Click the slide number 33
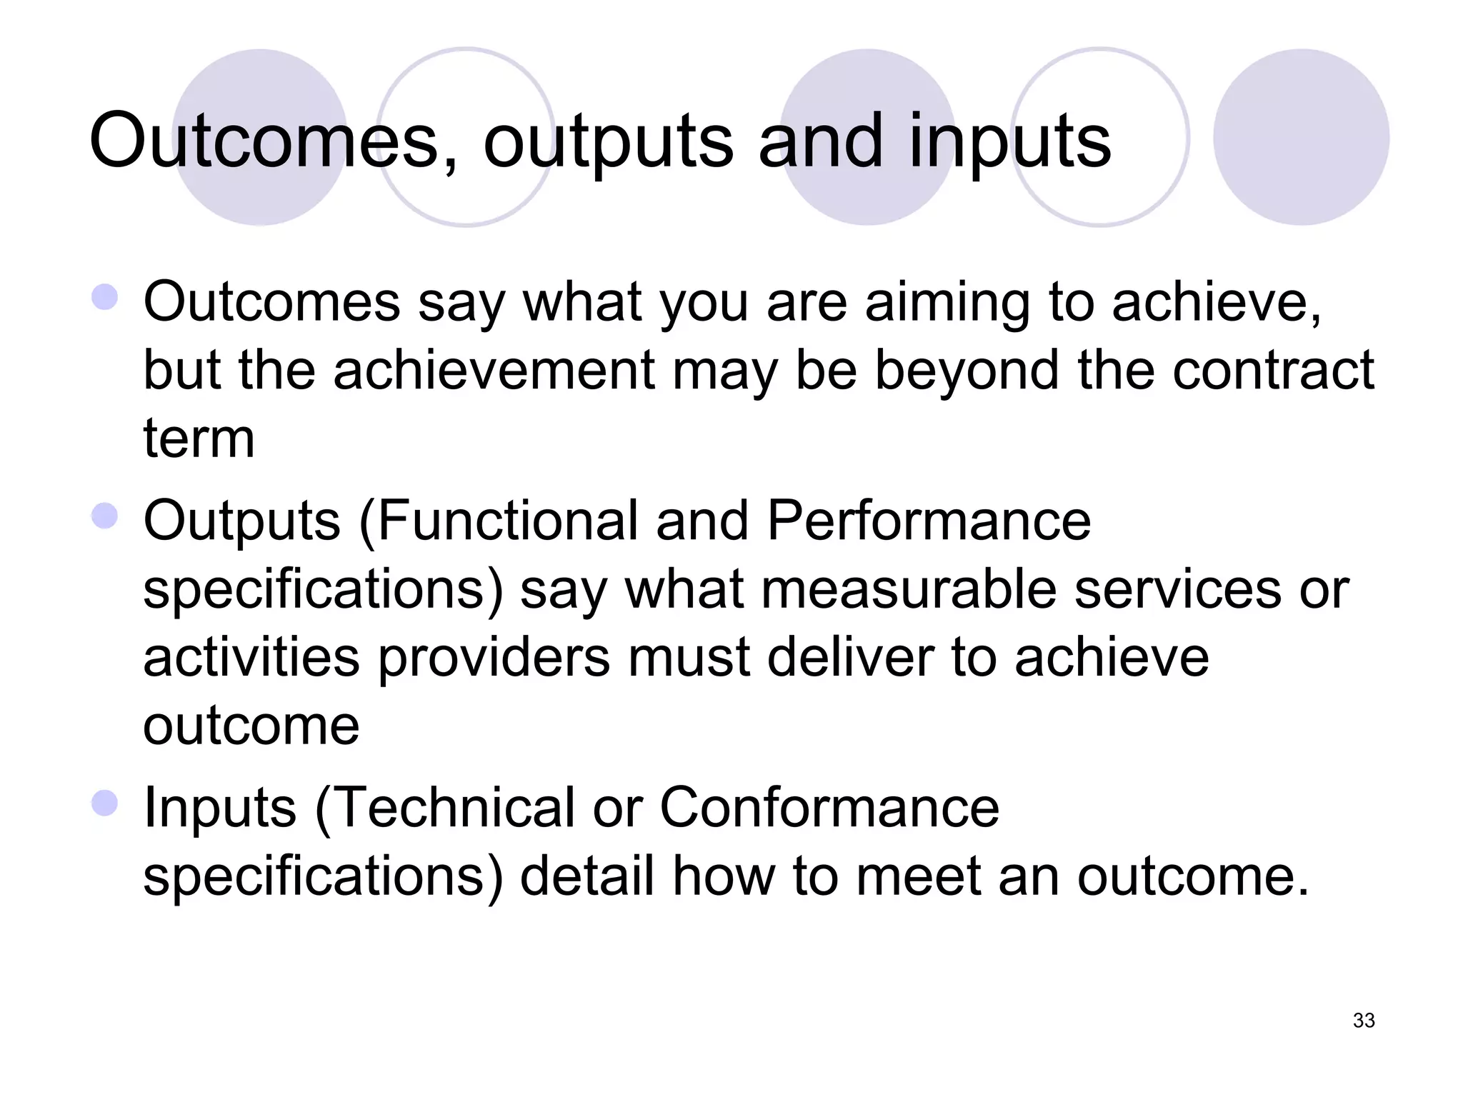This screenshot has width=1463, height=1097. click(1363, 1021)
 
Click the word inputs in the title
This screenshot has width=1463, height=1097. click(1009, 141)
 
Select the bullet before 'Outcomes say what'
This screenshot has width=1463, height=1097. click(105, 297)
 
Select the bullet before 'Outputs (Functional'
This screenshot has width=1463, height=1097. click(105, 516)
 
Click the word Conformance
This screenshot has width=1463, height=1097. click(829, 807)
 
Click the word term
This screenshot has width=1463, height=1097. click(199, 438)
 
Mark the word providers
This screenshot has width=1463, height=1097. click(493, 658)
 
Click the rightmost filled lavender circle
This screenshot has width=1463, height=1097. click(1301, 137)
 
